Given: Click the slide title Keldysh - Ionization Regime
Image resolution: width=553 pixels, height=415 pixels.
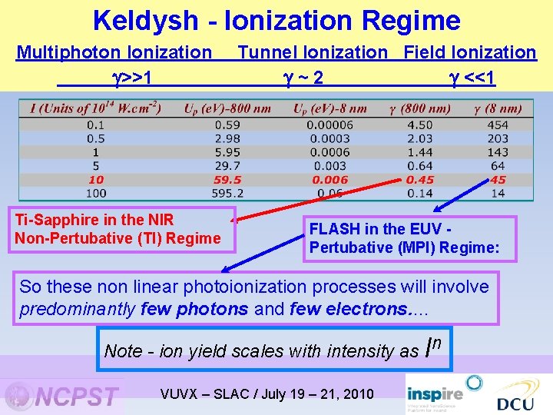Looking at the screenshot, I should [x=276, y=20].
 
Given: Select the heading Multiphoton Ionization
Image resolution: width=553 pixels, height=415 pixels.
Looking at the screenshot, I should [x=114, y=52].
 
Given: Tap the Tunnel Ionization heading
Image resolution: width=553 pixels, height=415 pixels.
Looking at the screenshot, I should [x=313, y=52].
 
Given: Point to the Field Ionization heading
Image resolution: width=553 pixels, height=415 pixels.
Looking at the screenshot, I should [x=470, y=52].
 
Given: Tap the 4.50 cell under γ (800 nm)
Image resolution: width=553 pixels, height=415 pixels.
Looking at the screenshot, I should [x=419, y=124].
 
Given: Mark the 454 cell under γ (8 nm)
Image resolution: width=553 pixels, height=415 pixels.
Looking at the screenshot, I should [x=497, y=124].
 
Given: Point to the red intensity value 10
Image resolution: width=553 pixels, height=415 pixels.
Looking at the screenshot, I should [x=96, y=180].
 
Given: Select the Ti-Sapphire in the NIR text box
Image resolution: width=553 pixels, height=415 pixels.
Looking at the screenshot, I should [x=122, y=229].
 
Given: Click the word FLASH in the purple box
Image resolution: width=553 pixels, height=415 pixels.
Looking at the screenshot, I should [x=329, y=228].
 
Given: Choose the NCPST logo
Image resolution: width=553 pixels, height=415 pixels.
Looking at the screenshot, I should [x=61, y=397].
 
